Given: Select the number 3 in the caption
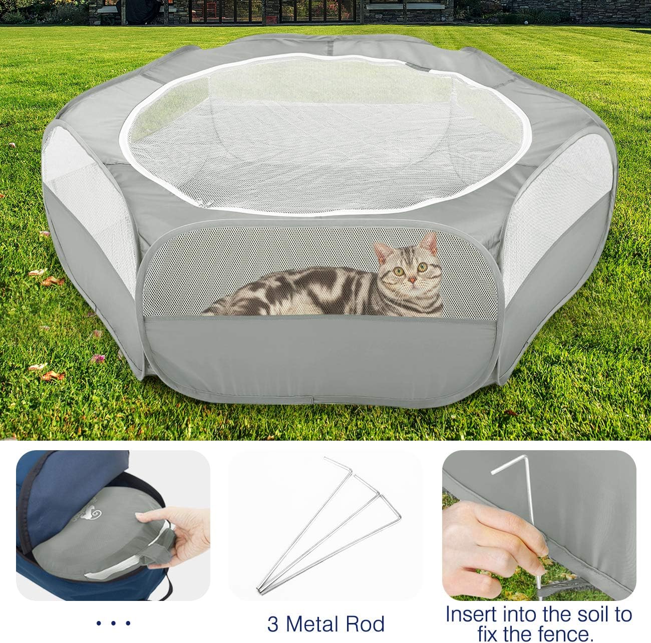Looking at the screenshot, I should pos(273,624).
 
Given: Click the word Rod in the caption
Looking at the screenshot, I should pos(367,624).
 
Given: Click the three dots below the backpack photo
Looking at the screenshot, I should pos(113,623).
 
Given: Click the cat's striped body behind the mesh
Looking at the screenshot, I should pos(300,293).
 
